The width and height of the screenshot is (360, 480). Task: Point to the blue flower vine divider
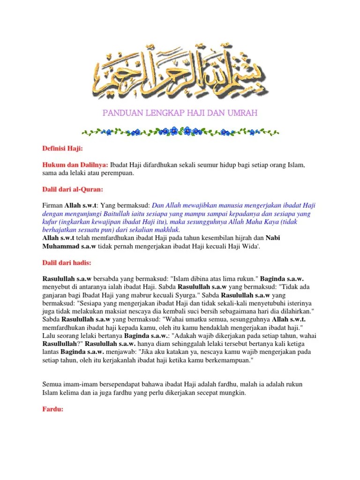coord(180,131)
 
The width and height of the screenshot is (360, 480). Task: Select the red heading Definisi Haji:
coord(62,149)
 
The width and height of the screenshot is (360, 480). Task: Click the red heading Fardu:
coord(53,408)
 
